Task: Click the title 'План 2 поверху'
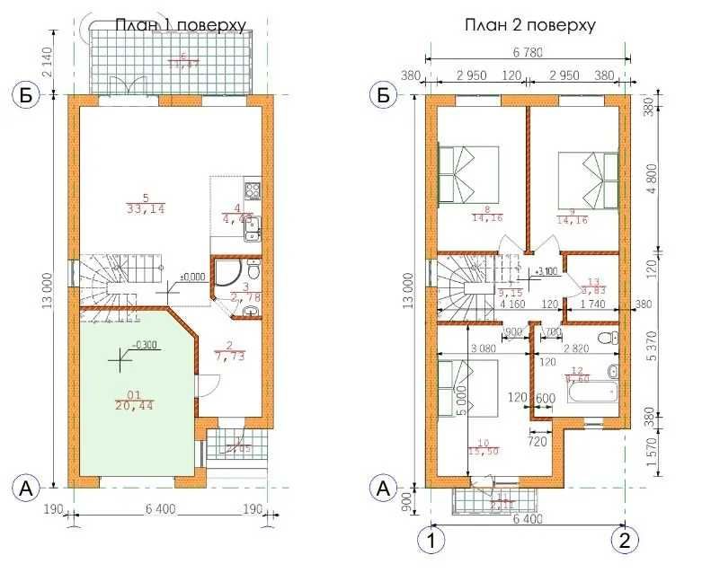(529, 24)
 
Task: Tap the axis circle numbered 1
(431, 540)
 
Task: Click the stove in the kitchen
(253, 190)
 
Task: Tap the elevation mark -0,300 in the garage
(147, 345)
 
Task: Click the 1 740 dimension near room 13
(593, 305)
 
